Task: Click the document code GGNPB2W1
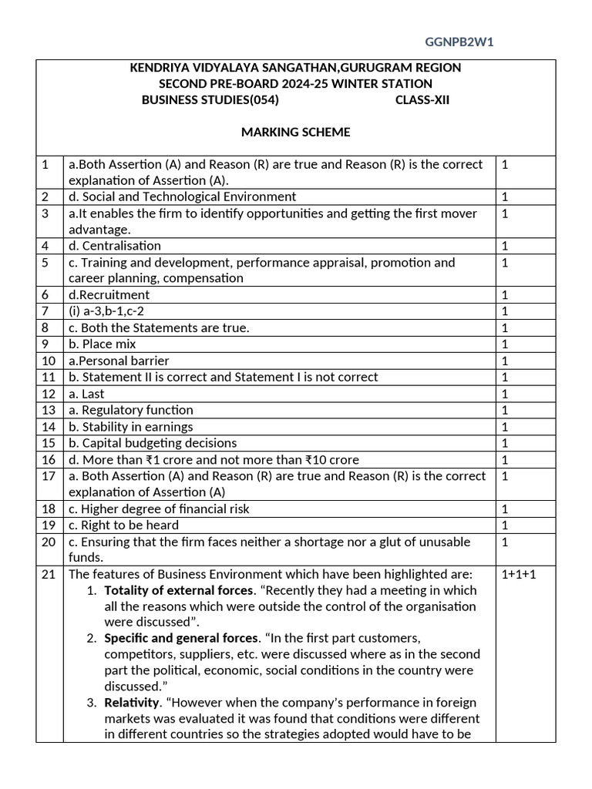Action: pyautogui.click(x=459, y=42)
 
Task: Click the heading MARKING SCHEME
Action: pyautogui.click(x=295, y=132)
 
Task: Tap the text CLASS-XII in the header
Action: pyautogui.click(x=422, y=100)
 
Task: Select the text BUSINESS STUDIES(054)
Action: pyautogui.click(x=210, y=100)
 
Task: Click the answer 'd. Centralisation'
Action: pyautogui.click(x=115, y=246)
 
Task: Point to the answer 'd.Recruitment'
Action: pyautogui.click(x=109, y=294)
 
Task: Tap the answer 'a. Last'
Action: pyautogui.click(x=86, y=394)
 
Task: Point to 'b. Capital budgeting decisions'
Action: pyautogui.click(x=153, y=443)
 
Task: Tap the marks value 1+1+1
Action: pyautogui.click(x=517, y=574)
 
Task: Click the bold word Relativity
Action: pyautogui.click(x=129, y=702)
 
